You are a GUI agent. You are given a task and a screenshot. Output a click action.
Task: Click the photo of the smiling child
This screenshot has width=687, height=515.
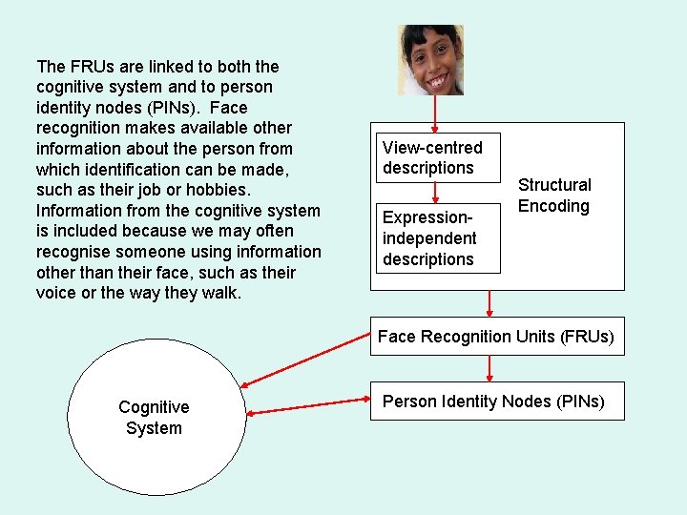click(x=431, y=60)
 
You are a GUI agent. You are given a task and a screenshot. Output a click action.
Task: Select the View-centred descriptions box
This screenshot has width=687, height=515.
click(x=437, y=157)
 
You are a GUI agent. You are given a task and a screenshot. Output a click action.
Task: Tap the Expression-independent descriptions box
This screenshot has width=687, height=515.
click(x=437, y=238)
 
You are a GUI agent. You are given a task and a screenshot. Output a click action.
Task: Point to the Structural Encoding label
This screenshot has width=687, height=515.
click(x=554, y=196)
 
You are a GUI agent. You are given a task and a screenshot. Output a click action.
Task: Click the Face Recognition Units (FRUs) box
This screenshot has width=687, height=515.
click(x=496, y=337)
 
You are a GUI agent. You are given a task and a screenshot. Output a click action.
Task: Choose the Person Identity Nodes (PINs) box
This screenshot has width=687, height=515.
click(x=494, y=402)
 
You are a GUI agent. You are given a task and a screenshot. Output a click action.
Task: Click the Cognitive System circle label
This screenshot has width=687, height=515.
click(x=154, y=418)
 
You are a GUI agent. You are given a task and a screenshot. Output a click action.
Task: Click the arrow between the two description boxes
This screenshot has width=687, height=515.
click(x=435, y=192)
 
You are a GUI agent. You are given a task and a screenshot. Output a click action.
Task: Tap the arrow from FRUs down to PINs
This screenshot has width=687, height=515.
click(x=490, y=368)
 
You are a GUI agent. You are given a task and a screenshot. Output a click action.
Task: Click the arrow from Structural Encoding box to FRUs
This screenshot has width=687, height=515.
click(x=490, y=303)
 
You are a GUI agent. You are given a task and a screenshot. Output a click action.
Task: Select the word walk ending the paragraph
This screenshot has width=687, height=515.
click(x=222, y=294)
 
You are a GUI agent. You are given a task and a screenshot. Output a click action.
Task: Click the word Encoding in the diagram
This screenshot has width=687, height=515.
click(x=554, y=206)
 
